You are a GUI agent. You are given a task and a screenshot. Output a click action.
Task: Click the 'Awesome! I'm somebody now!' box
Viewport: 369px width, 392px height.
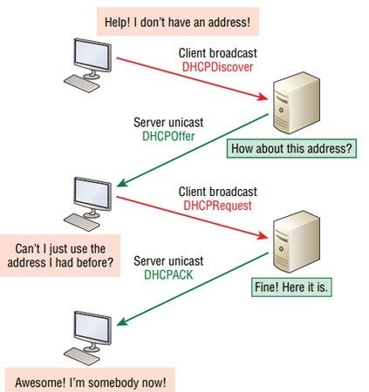(89, 381)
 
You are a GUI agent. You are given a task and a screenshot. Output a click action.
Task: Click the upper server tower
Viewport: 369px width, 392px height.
(291, 104)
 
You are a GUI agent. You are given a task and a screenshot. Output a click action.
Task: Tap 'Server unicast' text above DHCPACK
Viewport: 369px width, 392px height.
(167, 260)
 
